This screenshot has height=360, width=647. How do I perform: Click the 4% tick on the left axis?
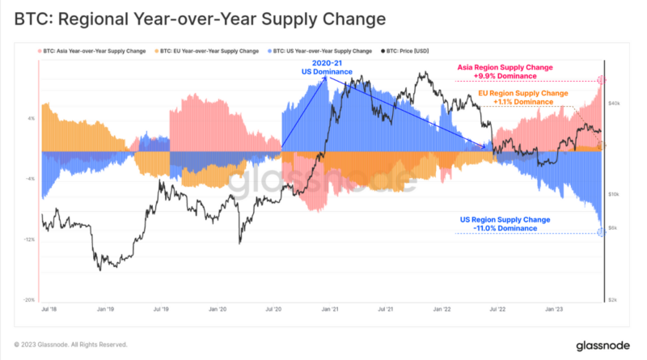[32, 118]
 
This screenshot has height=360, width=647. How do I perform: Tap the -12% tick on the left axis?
[30, 239]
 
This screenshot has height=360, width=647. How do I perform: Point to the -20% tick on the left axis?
[30, 299]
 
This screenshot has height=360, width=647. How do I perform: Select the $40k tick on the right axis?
[614, 104]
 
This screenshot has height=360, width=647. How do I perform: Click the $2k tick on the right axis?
[613, 299]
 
